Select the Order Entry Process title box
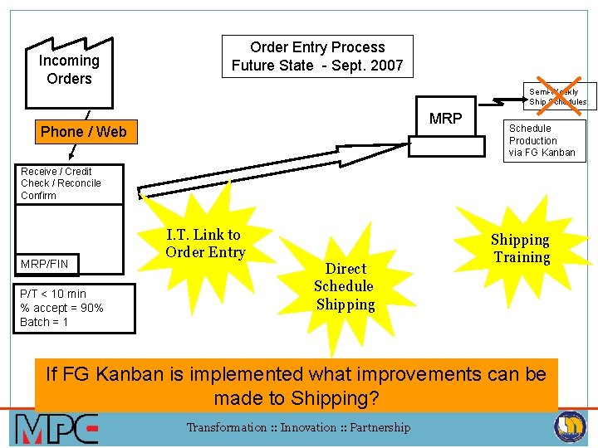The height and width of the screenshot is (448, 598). pyautogui.click(x=317, y=56)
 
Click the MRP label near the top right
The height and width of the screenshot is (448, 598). pyautogui.click(x=445, y=119)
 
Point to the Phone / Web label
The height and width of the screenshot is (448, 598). pyautogui.click(x=84, y=132)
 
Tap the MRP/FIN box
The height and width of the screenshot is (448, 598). pyautogui.click(x=47, y=264)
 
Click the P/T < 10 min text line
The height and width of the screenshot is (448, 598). pyautogui.click(x=53, y=294)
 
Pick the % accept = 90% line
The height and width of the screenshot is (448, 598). pyautogui.click(x=61, y=308)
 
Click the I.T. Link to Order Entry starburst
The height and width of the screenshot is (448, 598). pyautogui.click(x=205, y=243)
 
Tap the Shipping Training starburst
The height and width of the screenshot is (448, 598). pyautogui.click(x=521, y=248)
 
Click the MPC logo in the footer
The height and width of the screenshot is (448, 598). pyautogui.click(x=56, y=429)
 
